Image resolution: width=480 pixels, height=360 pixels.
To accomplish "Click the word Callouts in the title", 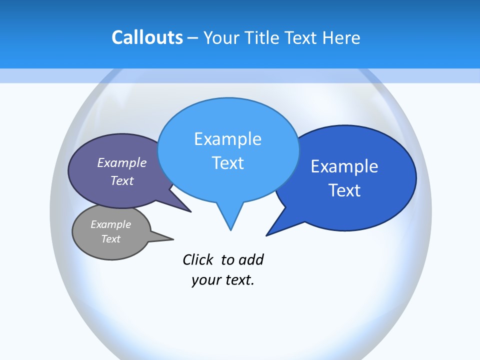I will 147,37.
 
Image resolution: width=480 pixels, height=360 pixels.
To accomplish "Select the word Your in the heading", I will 222,37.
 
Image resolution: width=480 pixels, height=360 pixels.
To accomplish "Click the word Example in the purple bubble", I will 122,163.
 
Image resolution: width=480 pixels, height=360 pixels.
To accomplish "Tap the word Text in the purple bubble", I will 122,181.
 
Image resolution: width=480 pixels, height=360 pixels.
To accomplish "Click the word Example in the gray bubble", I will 111,224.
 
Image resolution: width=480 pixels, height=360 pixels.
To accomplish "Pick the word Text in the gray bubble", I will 111,239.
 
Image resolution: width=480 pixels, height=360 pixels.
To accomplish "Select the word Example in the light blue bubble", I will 228,139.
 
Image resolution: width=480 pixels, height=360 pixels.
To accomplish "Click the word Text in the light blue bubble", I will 228,163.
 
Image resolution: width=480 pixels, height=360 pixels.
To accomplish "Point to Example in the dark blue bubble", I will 344,166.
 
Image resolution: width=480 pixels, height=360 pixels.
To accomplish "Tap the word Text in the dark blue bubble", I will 344,190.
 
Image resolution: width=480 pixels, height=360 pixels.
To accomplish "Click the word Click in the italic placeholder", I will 198,260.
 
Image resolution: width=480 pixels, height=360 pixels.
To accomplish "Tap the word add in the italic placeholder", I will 251,260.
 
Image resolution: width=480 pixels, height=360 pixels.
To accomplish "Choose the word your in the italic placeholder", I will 205,280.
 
